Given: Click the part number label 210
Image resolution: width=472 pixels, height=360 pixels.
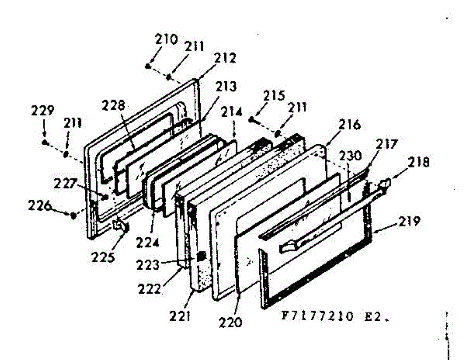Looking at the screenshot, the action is [x=166, y=39].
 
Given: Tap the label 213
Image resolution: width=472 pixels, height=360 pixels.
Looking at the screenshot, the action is [x=226, y=86].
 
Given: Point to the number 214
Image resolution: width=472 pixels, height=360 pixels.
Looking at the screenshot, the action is [x=232, y=112].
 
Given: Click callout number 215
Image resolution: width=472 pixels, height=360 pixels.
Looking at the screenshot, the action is [x=274, y=96].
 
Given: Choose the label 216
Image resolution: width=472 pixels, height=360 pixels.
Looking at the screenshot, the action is [x=350, y=124].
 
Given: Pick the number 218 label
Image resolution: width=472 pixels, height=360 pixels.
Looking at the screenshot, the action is [x=419, y=162].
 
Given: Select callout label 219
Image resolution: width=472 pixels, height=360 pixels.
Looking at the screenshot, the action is [x=409, y=221].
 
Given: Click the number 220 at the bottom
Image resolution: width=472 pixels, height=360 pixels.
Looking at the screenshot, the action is [x=230, y=322].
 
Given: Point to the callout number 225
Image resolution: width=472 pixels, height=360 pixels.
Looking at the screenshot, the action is [x=103, y=257].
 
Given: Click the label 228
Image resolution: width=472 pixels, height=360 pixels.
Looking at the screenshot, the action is [x=113, y=105].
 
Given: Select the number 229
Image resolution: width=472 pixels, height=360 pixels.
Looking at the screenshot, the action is [x=42, y=110].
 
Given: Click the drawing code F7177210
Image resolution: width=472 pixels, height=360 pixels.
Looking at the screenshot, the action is [x=317, y=316].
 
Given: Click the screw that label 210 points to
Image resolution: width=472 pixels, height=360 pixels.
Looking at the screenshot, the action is [x=147, y=66].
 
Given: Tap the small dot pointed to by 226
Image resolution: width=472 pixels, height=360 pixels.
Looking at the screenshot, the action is [x=73, y=215].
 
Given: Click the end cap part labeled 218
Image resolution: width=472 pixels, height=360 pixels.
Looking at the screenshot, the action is [x=385, y=183].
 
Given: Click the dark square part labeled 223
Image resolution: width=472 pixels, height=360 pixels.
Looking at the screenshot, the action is [x=201, y=256].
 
